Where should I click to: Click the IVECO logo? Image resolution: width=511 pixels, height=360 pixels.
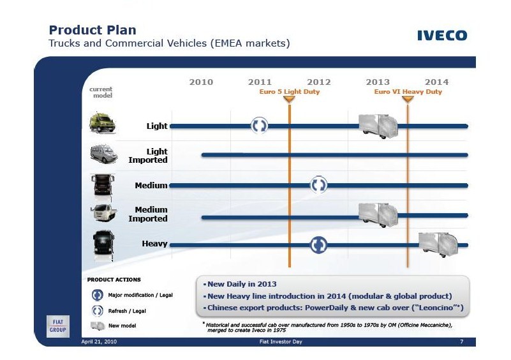click(442, 35)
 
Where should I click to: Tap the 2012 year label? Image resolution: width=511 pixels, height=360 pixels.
click(319, 82)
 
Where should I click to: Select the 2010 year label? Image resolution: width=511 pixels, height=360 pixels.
click(201, 82)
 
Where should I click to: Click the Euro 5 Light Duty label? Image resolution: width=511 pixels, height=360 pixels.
click(290, 92)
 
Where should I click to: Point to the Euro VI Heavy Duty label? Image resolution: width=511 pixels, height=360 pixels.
click(408, 92)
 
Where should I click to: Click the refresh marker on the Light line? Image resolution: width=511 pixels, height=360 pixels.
click(260, 126)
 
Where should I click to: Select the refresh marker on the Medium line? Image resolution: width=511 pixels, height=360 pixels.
click(318, 185)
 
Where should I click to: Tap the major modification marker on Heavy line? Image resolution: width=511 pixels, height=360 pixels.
click(318, 245)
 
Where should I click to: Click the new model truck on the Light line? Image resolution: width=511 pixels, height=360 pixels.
click(378, 126)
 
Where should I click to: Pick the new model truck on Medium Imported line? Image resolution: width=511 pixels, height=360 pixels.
click(378, 214)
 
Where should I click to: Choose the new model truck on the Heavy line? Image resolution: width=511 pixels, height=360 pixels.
click(438, 244)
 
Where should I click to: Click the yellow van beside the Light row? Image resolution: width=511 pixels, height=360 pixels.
click(102, 123)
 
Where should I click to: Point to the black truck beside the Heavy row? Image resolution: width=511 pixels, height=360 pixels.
click(103, 246)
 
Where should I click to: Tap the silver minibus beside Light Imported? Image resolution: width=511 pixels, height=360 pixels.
click(103, 154)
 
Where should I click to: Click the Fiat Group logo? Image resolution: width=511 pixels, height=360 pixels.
click(57, 326)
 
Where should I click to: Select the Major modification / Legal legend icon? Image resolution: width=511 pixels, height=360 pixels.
click(98, 295)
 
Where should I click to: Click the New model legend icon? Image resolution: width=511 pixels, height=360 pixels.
click(98, 326)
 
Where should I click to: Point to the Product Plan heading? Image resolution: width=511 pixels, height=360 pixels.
click(93, 30)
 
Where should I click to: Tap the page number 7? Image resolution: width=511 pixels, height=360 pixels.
click(461, 341)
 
